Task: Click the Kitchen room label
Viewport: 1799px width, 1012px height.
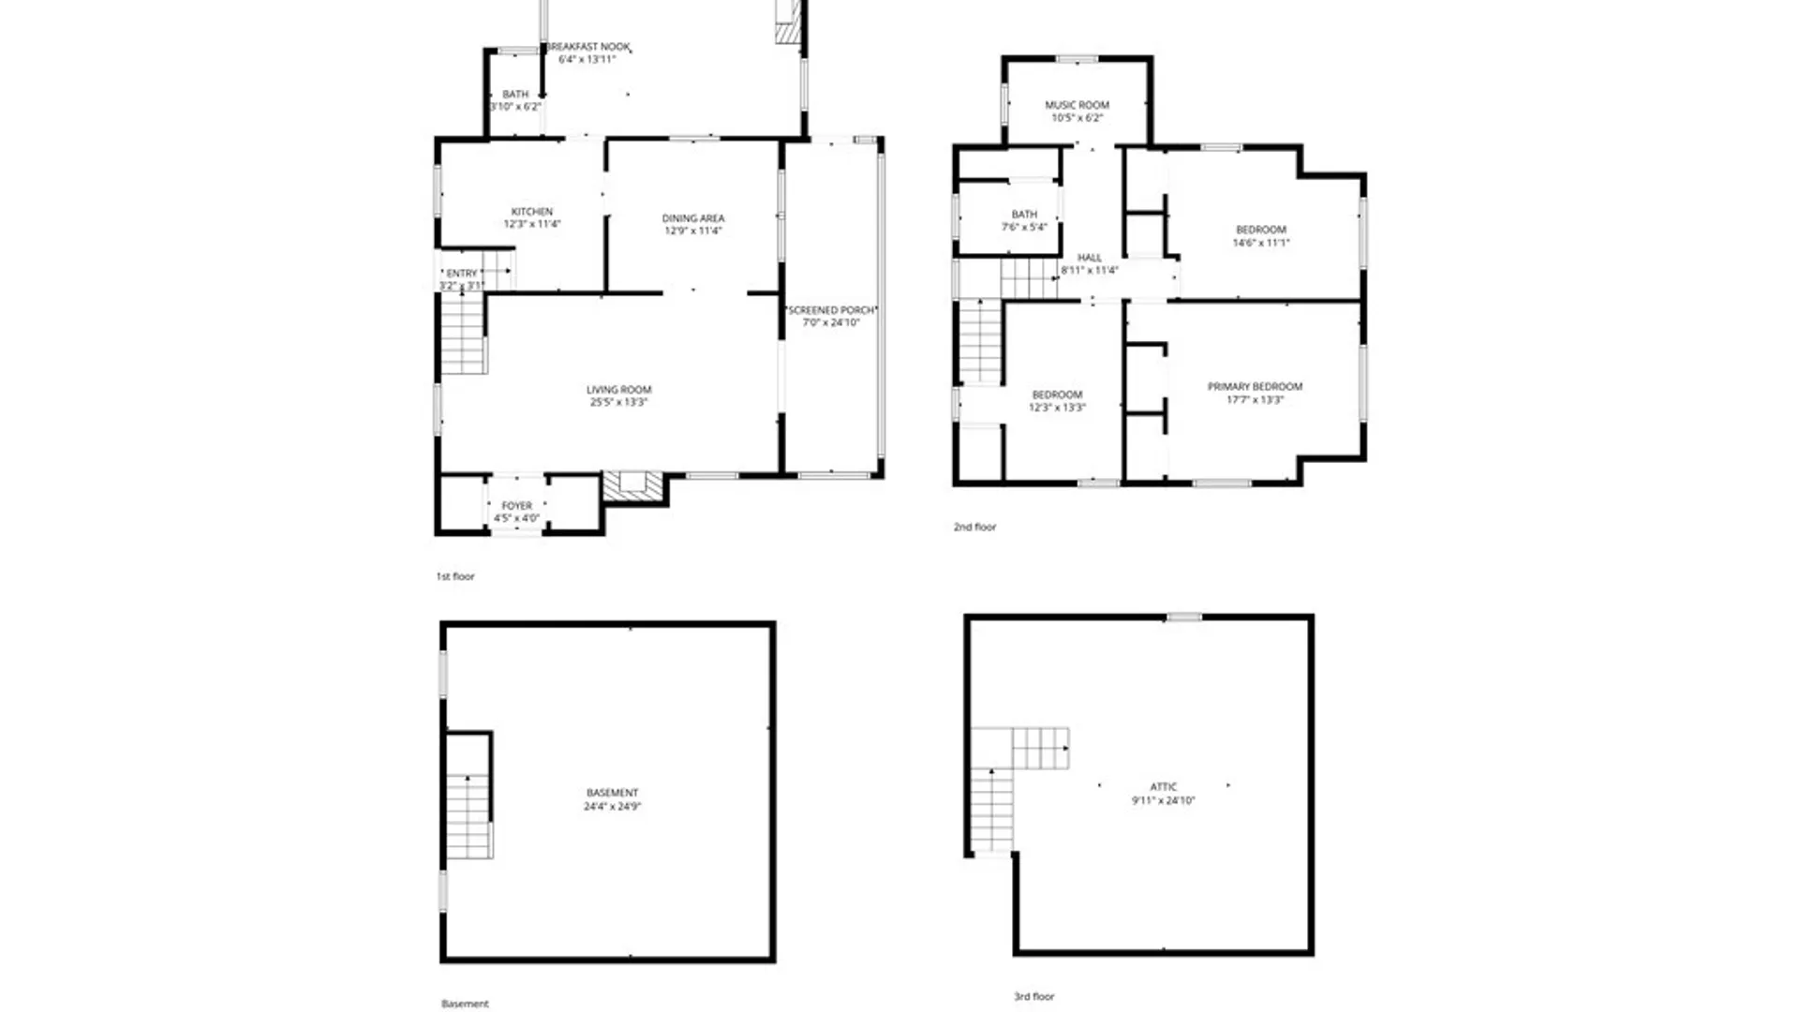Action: click(x=531, y=212)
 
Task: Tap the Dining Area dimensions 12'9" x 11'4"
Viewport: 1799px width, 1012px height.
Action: click(x=692, y=231)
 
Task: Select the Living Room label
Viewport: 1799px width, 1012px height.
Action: click(x=618, y=390)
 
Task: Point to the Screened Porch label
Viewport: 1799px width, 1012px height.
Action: click(x=831, y=310)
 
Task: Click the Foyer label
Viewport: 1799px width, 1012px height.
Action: click(x=516, y=506)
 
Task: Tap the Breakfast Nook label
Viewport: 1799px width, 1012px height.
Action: click(x=588, y=47)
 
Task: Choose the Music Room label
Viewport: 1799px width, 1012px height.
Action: click(x=1077, y=105)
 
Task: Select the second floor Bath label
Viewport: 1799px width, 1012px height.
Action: click(x=1024, y=215)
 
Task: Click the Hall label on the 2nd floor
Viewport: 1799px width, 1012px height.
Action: click(x=1089, y=258)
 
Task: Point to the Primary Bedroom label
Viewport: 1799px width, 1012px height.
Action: click(x=1255, y=386)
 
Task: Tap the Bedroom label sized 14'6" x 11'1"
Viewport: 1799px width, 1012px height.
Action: click(x=1260, y=230)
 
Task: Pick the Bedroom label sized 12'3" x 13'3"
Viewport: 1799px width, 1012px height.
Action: click(x=1057, y=395)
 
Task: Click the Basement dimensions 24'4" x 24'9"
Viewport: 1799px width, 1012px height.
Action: click(x=612, y=806)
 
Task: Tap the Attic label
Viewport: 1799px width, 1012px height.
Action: click(x=1163, y=787)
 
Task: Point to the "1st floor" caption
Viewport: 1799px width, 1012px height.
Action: click(x=455, y=576)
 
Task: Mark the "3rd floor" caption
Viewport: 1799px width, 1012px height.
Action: click(x=1033, y=996)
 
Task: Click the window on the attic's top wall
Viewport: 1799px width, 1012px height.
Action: click(x=1183, y=617)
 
